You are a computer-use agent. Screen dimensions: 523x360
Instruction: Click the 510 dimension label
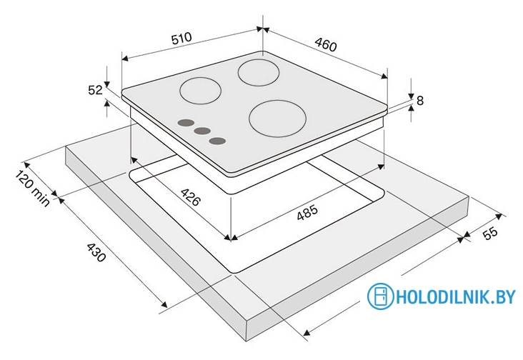pos(181,39)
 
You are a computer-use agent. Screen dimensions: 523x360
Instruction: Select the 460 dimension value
pos(326,45)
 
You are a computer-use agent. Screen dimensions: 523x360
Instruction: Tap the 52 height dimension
pos(95,90)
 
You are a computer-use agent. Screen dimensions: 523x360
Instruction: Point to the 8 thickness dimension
pos(420,100)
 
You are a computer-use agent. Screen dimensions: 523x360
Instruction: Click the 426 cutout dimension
pos(191,197)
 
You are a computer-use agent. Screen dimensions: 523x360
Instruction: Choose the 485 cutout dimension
pos(307,212)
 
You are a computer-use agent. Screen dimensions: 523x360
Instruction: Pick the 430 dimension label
pos(96,252)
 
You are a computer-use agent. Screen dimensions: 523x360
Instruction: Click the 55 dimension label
pos(490,234)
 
